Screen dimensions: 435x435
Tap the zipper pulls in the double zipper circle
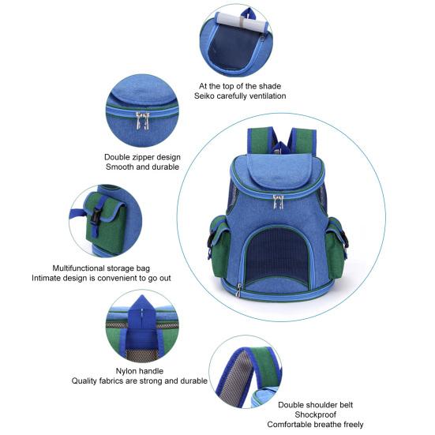pyautogui.click(x=141, y=120)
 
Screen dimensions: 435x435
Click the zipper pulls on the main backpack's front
pyautogui.click(x=278, y=201)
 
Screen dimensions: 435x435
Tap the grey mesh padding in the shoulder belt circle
pyautogui.click(x=247, y=378)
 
